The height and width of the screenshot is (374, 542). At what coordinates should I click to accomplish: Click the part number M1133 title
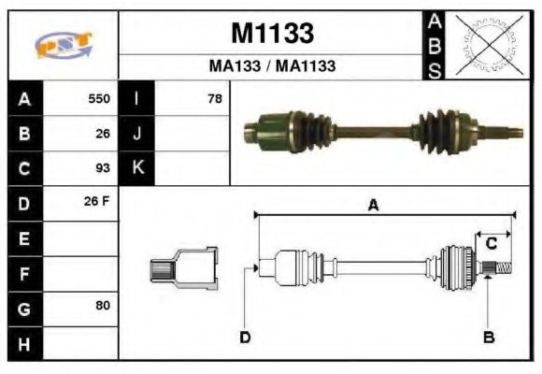pyautogui.click(x=272, y=35)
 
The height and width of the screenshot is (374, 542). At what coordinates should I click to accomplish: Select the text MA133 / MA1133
pyautogui.click(x=272, y=66)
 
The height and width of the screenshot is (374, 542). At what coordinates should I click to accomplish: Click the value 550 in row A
pyautogui.click(x=99, y=99)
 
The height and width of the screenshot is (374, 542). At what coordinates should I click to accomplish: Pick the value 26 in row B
pyautogui.click(x=103, y=134)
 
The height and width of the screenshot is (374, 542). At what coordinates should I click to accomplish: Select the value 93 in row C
pyautogui.click(x=103, y=168)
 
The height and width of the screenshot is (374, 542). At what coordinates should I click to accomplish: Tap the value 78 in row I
pyautogui.click(x=214, y=99)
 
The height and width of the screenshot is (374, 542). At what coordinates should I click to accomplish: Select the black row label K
pyautogui.click(x=136, y=168)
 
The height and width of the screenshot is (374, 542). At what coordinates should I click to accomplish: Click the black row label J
pyautogui.click(x=136, y=134)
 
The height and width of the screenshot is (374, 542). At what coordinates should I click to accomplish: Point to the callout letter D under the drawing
pyautogui.click(x=245, y=337)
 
